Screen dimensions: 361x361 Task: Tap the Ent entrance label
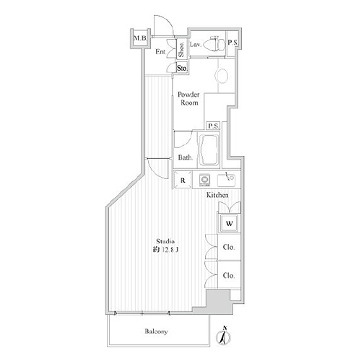pos(160,52)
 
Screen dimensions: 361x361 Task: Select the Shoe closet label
pos(181,49)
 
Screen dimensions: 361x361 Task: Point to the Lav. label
pos(195,44)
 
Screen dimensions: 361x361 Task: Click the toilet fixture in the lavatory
pos(214,45)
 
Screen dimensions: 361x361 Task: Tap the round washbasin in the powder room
pos(222,74)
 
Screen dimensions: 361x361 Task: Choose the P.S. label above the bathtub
pos(213,126)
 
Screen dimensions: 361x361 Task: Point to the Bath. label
pos(185,158)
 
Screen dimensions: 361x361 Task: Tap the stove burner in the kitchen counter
pos(204,180)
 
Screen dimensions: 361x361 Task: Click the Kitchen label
pos(217,196)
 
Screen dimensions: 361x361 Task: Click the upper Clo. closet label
pos(228,248)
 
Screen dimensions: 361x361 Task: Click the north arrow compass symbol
pos(225,333)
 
